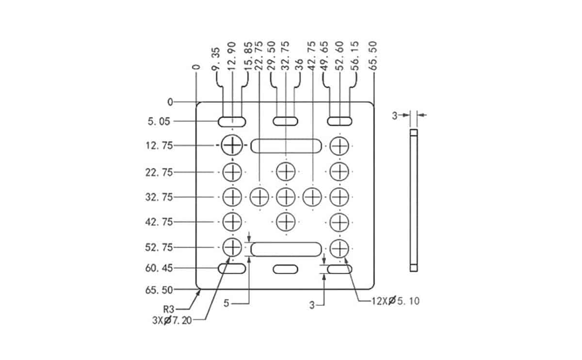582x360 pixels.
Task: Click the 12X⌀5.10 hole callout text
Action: tap(395, 301)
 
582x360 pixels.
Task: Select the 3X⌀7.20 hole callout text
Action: tap(172, 321)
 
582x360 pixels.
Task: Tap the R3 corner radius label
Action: tap(169, 310)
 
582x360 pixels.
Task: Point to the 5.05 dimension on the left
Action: tap(159, 121)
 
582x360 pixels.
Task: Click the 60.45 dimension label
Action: tap(159, 268)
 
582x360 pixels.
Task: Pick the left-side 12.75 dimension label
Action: tap(159, 146)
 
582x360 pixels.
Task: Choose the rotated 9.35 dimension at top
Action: tap(216, 59)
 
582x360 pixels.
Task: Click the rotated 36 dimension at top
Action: tap(299, 65)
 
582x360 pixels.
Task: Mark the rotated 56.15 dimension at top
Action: tap(355, 56)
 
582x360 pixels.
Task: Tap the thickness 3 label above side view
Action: tap(395, 115)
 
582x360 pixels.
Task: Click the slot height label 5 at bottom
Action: tap(226, 303)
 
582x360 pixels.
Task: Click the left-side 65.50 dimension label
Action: tap(159, 290)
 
